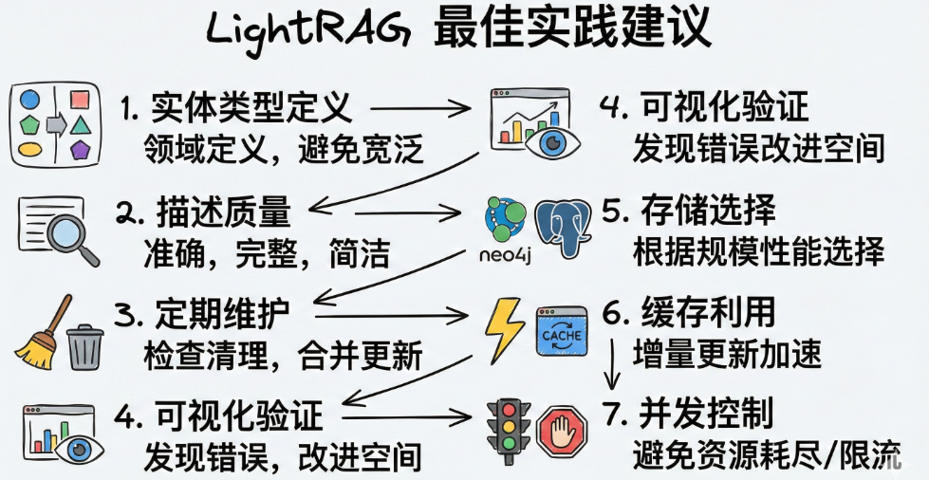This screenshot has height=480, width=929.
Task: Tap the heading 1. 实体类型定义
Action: tap(237, 107)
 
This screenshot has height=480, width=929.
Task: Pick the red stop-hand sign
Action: tap(564, 430)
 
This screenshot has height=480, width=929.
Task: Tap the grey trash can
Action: tap(86, 345)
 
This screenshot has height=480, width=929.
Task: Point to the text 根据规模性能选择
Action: tap(758, 252)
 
